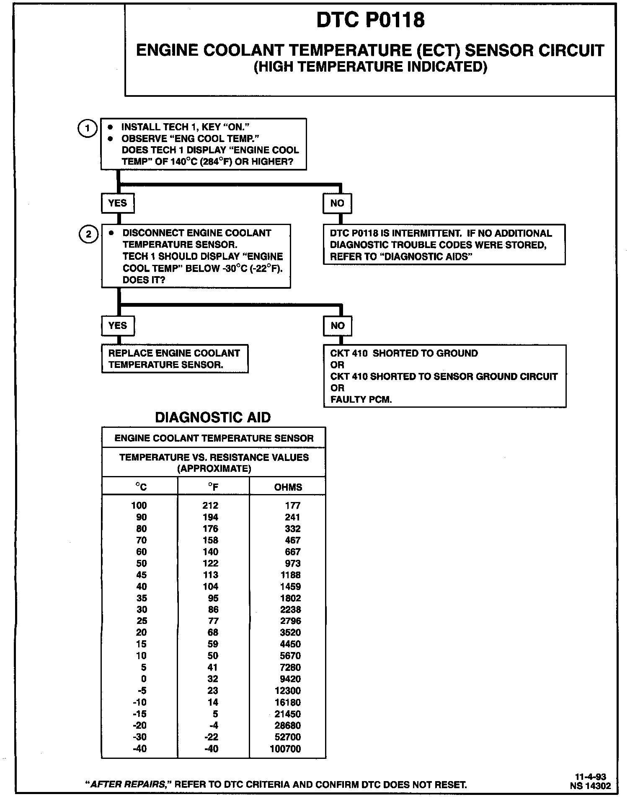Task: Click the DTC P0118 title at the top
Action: pyautogui.click(x=370, y=20)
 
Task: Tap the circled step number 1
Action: pyautogui.click(x=87, y=128)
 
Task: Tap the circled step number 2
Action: pyautogui.click(x=88, y=234)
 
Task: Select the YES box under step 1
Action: pyautogui.click(x=117, y=203)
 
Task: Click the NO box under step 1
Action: pyautogui.click(x=337, y=203)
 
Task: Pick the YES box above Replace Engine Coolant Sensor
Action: pyautogui.click(x=117, y=326)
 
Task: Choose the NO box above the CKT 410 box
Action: pyautogui.click(x=337, y=326)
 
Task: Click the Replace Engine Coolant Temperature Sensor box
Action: pyautogui.click(x=174, y=359)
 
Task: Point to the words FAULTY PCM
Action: pyautogui.click(x=361, y=400)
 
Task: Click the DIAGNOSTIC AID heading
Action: pyautogui.click(x=213, y=417)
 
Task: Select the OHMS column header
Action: pyautogui.click(x=288, y=487)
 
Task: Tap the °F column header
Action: pyautogui.click(x=213, y=487)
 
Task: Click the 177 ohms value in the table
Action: pyautogui.click(x=293, y=506)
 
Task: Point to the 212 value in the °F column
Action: pyautogui.click(x=210, y=506)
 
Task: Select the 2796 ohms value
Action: pyautogui.click(x=290, y=621)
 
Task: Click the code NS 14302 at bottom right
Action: pyautogui.click(x=590, y=786)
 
